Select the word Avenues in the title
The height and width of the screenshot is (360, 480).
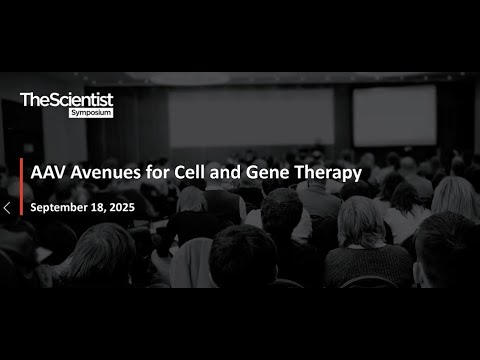tap(110, 172)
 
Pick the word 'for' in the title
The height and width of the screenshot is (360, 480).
tap(160, 172)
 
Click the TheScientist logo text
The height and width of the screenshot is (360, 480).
tap(66, 99)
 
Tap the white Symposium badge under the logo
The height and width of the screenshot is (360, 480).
tap(91, 112)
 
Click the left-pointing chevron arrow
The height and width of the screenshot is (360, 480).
tap(7, 208)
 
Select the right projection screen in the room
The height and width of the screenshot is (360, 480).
tap(394, 114)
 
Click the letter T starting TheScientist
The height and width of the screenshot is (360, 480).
tap(25, 99)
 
